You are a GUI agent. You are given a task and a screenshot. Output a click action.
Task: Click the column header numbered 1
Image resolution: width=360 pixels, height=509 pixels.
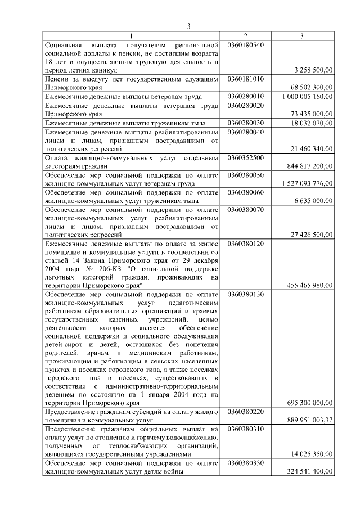coord(132,36)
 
